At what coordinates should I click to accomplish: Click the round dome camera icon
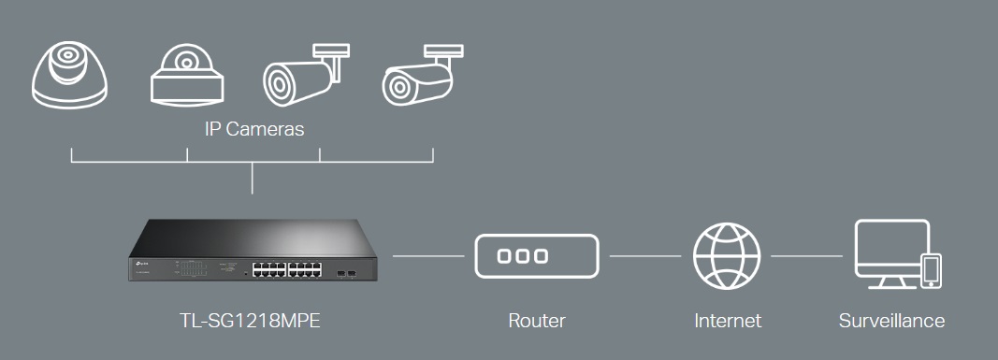69,75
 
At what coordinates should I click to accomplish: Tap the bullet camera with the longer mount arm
307,75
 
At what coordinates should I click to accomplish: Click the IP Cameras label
254,129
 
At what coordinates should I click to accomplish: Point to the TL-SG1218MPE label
250,321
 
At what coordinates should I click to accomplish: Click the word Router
537,321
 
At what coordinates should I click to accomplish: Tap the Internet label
728,321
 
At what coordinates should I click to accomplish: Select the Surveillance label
891,321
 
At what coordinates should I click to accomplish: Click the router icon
537,256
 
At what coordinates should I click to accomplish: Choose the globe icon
727,256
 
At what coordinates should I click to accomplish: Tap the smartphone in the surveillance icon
933,270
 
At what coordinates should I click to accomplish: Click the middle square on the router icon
523,256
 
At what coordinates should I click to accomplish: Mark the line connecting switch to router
428,256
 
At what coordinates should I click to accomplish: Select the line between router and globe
645,256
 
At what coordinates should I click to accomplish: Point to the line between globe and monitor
806,256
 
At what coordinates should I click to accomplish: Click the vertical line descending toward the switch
252,178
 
